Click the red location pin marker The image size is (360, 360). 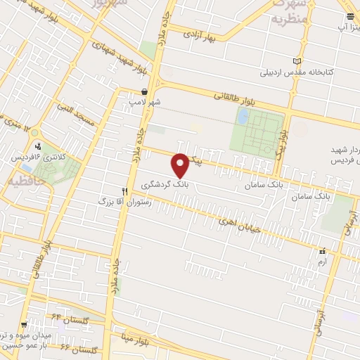[x=181, y=164]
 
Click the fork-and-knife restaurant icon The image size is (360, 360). [x=124, y=191]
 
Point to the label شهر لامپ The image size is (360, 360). [x=144, y=102]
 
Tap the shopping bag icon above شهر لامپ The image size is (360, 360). [x=144, y=91]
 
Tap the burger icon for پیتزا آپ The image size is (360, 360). [x=349, y=17]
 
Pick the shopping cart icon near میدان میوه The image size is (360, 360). [x=25, y=325]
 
